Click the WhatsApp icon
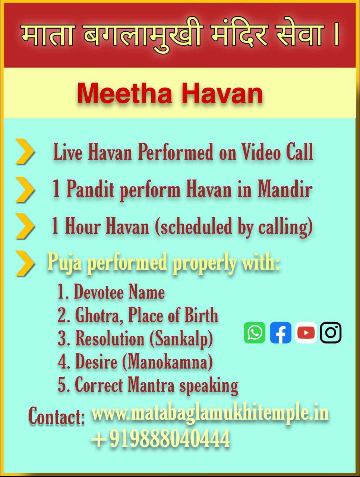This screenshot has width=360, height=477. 255,332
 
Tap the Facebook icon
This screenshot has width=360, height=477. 281,332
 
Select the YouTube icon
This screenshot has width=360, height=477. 306,332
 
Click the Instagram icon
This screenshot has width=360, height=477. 331,332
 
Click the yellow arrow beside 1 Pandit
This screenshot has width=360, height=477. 25,190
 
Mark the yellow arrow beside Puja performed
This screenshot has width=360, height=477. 25,263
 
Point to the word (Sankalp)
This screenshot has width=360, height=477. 181,339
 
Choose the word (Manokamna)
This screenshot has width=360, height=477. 167,362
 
